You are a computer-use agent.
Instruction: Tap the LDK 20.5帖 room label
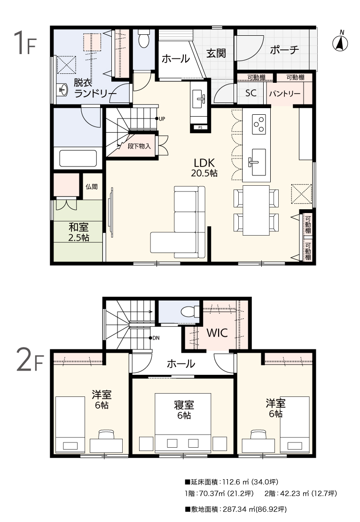(x=204, y=167)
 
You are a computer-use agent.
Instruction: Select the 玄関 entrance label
(x=216, y=53)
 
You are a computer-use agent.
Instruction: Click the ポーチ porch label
(x=284, y=50)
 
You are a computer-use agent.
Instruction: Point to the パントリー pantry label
(x=285, y=94)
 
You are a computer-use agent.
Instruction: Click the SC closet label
(x=251, y=93)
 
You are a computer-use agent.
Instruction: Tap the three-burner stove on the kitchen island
(x=259, y=124)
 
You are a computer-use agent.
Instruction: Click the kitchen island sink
(x=257, y=162)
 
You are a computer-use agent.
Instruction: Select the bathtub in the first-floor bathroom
(x=78, y=158)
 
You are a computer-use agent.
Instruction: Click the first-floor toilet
(x=144, y=38)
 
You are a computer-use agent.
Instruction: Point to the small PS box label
(x=200, y=127)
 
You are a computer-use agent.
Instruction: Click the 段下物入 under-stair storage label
(x=139, y=146)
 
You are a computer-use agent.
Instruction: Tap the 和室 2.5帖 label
(x=79, y=232)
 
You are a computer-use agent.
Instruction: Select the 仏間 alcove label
(x=92, y=187)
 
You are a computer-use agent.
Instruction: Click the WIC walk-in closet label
(x=217, y=332)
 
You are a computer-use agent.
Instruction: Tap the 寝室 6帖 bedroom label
(x=184, y=410)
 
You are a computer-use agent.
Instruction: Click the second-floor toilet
(x=189, y=312)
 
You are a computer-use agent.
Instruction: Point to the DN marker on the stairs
(x=156, y=338)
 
